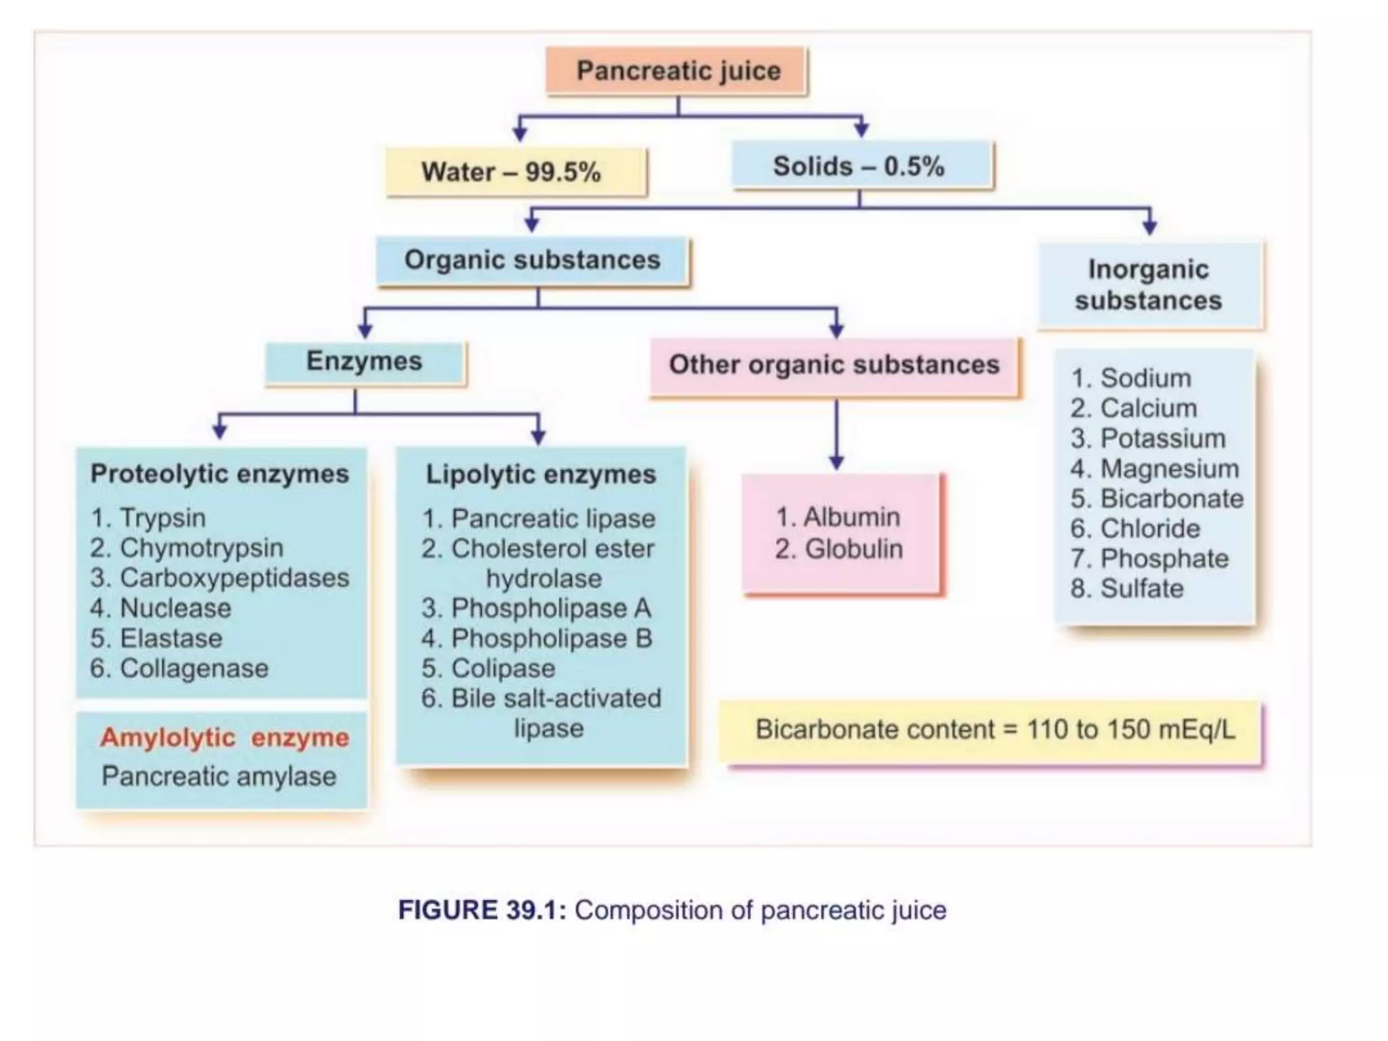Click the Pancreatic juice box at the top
point(677,71)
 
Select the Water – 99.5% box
point(516,172)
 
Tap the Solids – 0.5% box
point(861,166)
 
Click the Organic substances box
point(533,260)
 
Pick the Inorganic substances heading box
point(1149,285)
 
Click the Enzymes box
point(365,362)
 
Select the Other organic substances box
point(834,365)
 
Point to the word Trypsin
point(163,518)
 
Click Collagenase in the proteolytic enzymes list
point(194,669)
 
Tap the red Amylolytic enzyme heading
point(224,737)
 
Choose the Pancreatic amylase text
point(219,777)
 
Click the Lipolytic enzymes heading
point(541,474)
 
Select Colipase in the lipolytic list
point(503,669)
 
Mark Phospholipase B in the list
point(551,638)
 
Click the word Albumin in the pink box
point(851,518)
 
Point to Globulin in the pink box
point(853,550)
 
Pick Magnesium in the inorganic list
point(1170,469)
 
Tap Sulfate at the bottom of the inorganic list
point(1142,589)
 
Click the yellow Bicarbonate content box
point(994,731)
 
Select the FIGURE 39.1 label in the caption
point(481,910)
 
